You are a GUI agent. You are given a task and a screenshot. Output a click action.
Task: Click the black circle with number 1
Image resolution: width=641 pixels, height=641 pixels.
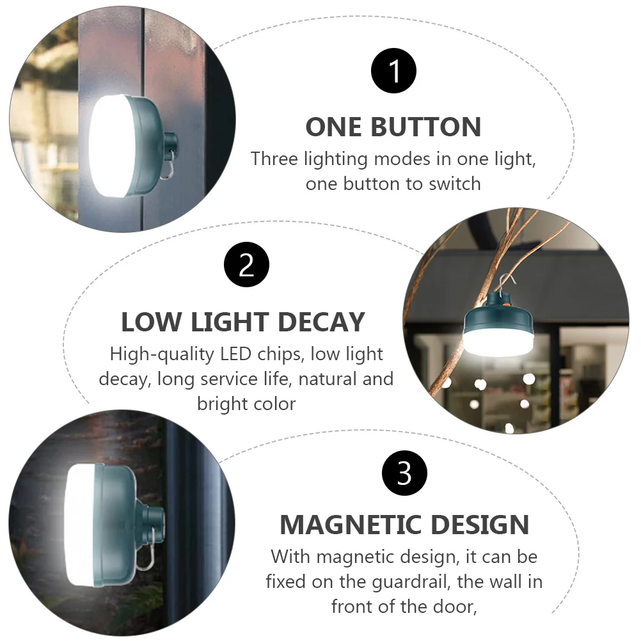pyautogui.click(x=393, y=70)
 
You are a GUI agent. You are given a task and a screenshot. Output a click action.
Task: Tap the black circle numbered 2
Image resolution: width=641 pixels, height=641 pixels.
pyautogui.click(x=246, y=265)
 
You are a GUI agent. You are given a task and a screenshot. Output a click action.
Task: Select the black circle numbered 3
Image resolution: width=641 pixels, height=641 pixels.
pyautogui.click(x=404, y=474)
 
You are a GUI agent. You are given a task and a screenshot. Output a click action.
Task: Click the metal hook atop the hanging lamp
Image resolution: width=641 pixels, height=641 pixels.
pyautogui.click(x=504, y=281)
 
